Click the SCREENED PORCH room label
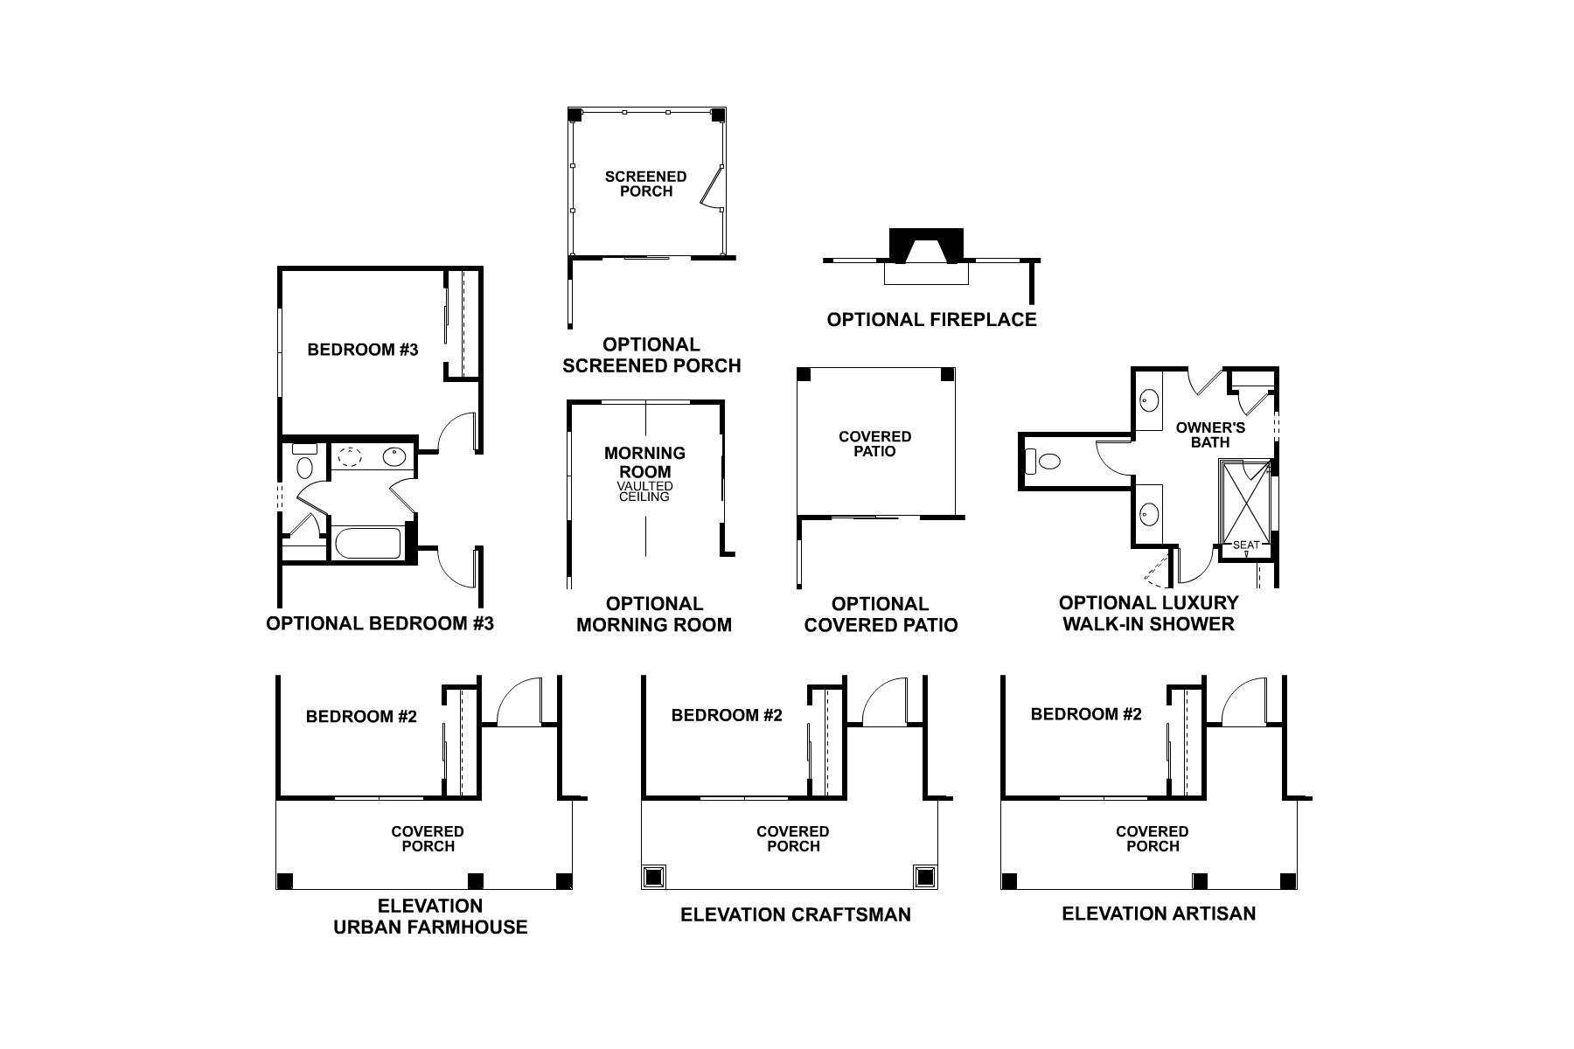pyautogui.click(x=645, y=184)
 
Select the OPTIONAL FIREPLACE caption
pyautogui.click(x=931, y=319)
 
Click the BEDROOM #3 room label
pyautogui.click(x=363, y=350)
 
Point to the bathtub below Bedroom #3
pyautogui.click(x=367, y=544)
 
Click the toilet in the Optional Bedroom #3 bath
pyautogui.click(x=304, y=466)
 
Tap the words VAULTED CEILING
pyautogui.click(x=644, y=491)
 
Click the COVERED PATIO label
pyautogui.click(x=874, y=444)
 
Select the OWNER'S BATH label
pyautogui.click(x=1210, y=434)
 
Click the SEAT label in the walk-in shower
pyautogui.click(x=1246, y=545)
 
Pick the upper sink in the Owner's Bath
pyautogui.click(x=1149, y=401)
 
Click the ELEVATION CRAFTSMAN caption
pyautogui.click(x=796, y=914)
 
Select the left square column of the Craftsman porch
pyautogui.click(x=654, y=877)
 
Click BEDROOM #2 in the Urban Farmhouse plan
pyautogui.click(x=361, y=717)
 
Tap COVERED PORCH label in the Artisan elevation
pyautogui.click(x=1153, y=838)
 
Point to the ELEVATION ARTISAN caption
pyautogui.click(x=1159, y=914)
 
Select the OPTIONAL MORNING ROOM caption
pyautogui.click(x=654, y=614)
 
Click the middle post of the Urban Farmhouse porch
pyautogui.click(x=476, y=880)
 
